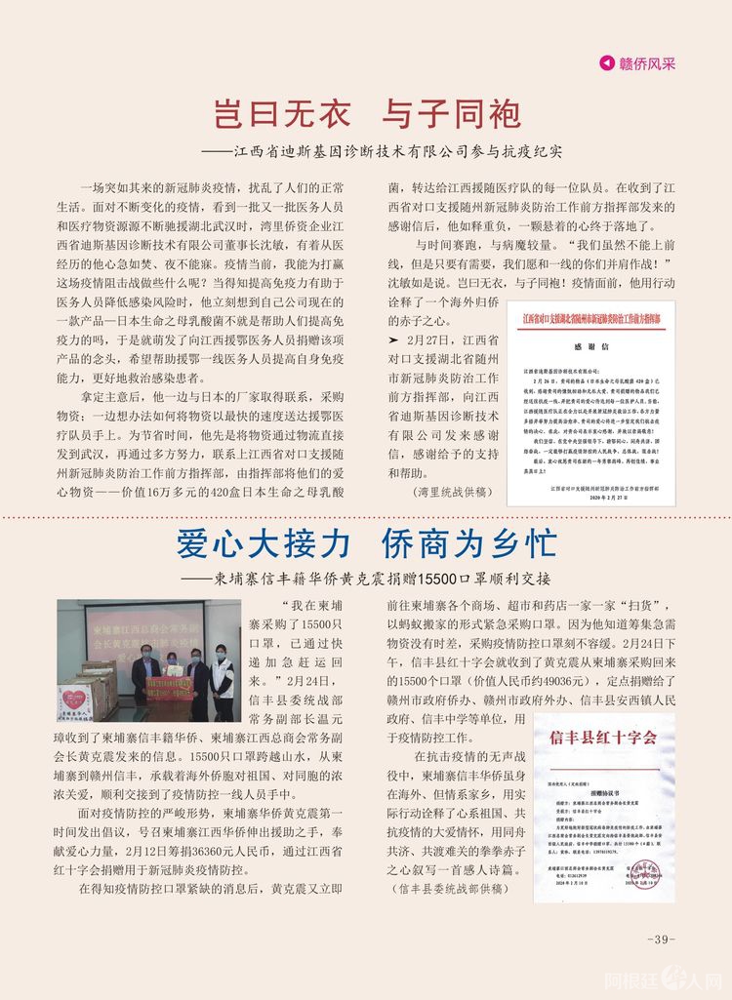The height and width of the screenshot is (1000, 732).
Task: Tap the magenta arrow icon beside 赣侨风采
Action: (x=607, y=63)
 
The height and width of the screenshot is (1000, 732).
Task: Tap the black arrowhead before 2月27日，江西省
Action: (x=393, y=340)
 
